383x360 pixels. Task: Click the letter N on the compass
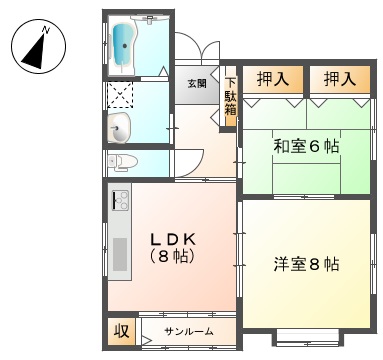[46, 30]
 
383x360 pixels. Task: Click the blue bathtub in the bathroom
[123, 46]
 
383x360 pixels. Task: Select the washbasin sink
[119, 128]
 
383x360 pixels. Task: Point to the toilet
[122, 162]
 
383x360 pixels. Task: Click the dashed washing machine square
[120, 95]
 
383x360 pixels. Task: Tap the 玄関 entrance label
[197, 83]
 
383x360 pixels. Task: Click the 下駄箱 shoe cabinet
[230, 97]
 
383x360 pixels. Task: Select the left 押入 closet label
[273, 79]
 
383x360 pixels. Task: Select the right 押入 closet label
[340, 79]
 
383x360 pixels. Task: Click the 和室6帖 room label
[306, 146]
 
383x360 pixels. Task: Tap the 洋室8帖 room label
[306, 264]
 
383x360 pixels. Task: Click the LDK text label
[173, 239]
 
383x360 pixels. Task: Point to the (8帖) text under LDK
[172, 256]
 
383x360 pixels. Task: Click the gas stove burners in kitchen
[120, 200]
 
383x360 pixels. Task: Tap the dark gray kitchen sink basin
[120, 254]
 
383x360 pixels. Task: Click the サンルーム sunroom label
[189, 331]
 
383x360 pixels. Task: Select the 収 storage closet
[122, 331]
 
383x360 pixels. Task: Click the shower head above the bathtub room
[150, 18]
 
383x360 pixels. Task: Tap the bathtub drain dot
[125, 46]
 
